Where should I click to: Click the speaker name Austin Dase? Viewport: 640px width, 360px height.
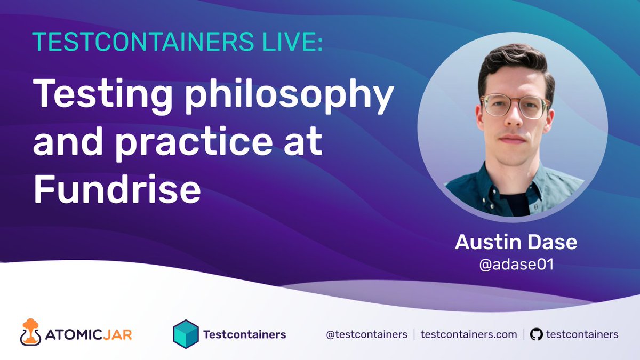click(x=516, y=242)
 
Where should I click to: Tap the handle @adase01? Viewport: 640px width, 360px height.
click(x=516, y=264)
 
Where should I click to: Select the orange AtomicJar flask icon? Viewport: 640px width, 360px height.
click(x=31, y=332)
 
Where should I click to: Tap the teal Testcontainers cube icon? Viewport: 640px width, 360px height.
click(x=186, y=334)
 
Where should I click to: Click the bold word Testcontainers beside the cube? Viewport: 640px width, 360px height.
click(x=245, y=335)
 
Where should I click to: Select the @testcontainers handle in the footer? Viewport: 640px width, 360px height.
click(x=366, y=334)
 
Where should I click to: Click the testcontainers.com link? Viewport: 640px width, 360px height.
click(x=469, y=334)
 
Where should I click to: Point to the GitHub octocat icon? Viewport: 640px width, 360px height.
click(x=536, y=334)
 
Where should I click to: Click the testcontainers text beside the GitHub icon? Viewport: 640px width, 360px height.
click(x=582, y=334)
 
